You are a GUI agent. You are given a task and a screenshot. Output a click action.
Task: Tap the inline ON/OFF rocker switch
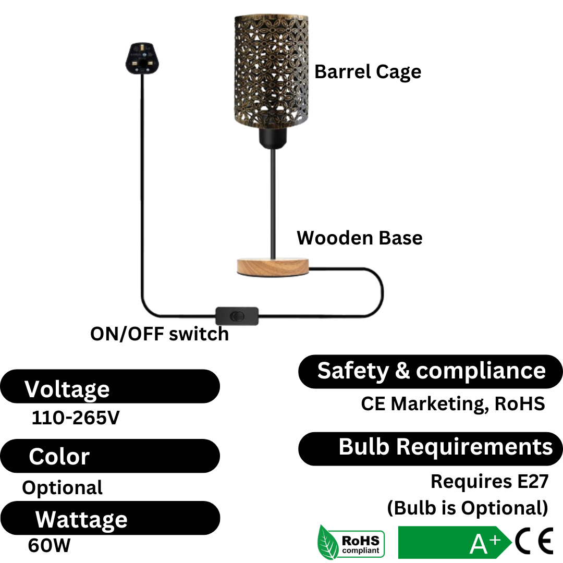[237, 316]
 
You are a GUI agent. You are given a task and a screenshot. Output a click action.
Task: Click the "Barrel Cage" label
[368, 72]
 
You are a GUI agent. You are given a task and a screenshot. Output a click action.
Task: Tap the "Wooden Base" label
[359, 238]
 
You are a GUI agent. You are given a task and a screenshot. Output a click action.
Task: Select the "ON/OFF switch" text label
[160, 334]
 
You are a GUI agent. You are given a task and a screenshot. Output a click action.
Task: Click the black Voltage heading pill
[109, 387]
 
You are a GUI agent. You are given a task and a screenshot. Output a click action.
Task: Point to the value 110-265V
[76, 418]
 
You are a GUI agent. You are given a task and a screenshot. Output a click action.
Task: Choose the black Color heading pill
[109, 456]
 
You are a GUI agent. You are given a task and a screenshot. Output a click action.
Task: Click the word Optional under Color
[62, 488]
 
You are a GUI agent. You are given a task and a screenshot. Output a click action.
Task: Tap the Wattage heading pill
[109, 519]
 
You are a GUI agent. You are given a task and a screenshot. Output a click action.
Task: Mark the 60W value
[49, 546]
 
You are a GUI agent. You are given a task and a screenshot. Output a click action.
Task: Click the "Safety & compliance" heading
[431, 371]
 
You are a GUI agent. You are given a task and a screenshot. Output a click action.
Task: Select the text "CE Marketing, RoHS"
[452, 404]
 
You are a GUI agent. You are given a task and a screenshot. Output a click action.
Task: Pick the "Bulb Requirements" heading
[431, 448]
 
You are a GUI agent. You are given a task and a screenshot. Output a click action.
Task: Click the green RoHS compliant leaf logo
[351, 543]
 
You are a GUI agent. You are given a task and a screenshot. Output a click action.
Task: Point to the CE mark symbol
[534, 542]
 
